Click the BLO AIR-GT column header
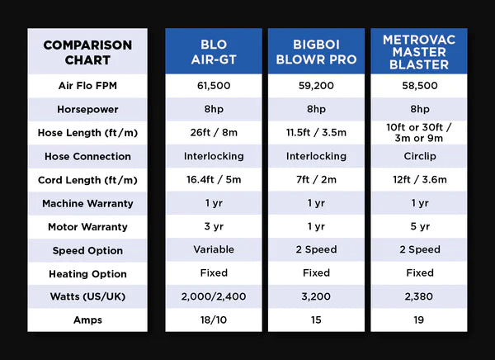tap(214, 51)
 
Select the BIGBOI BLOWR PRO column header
tap(316, 51)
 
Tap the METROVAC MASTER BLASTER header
tap(419, 51)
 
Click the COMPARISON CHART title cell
tap(87, 51)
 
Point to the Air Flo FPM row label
tap(87, 86)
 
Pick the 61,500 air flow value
tap(214, 86)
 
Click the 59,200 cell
tap(316, 86)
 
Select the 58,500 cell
tap(419, 86)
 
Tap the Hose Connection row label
tap(87, 156)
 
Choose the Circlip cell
tap(419, 156)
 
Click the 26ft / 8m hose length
tap(214, 132)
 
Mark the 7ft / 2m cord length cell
tap(316, 180)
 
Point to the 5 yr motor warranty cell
tap(419, 226)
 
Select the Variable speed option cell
tap(214, 249)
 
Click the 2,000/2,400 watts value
tap(214, 296)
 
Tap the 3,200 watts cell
tap(316, 296)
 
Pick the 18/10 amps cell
tap(214, 320)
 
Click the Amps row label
tap(87, 320)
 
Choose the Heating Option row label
tap(87, 273)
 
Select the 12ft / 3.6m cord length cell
tap(419, 180)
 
